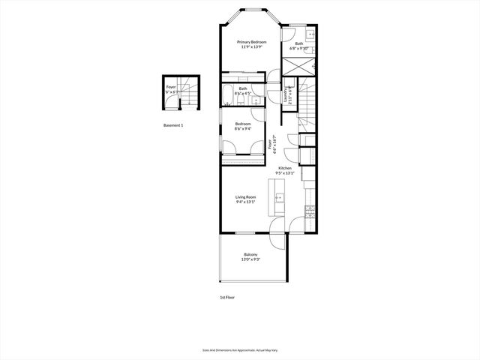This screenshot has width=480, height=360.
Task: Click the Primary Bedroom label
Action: [252, 42]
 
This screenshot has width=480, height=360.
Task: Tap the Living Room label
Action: [245, 197]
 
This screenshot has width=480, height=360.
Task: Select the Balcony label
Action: [250, 255]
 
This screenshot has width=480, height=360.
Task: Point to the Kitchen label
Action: [285, 168]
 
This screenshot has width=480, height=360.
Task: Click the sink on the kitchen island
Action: [279, 199]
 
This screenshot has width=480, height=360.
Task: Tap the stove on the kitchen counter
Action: [307, 211]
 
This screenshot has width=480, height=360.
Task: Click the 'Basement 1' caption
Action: [173, 125]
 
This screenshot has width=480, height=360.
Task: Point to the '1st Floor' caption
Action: [228, 298]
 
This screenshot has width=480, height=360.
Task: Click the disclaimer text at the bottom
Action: [240, 349]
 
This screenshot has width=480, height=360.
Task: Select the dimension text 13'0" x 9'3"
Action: [250, 259]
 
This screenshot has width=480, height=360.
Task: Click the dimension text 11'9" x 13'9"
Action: [252, 47]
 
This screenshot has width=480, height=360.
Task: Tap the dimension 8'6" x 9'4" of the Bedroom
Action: [243, 128]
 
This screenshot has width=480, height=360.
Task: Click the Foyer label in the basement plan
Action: [171, 88]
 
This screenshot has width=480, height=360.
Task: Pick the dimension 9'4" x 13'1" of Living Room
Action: [245, 202]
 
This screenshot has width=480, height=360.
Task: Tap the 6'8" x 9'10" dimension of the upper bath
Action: [299, 48]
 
